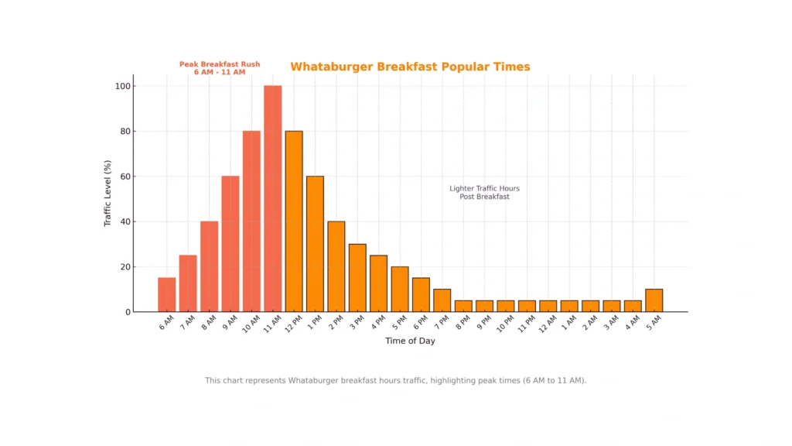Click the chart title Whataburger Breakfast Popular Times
tap(410, 67)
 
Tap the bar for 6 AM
tap(166, 295)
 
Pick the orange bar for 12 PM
tap(294, 221)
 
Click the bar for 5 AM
tap(654, 300)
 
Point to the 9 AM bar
tap(230, 244)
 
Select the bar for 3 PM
tap(357, 278)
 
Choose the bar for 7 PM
tap(442, 300)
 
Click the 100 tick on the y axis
tap(122, 86)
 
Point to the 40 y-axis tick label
tap(125, 221)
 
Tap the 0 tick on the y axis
tap(128, 312)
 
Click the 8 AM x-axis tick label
tap(209, 322)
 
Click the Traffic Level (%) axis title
tap(108, 194)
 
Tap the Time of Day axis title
tap(410, 341)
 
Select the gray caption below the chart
tap(395, 380)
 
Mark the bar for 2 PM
tap(336, 266)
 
